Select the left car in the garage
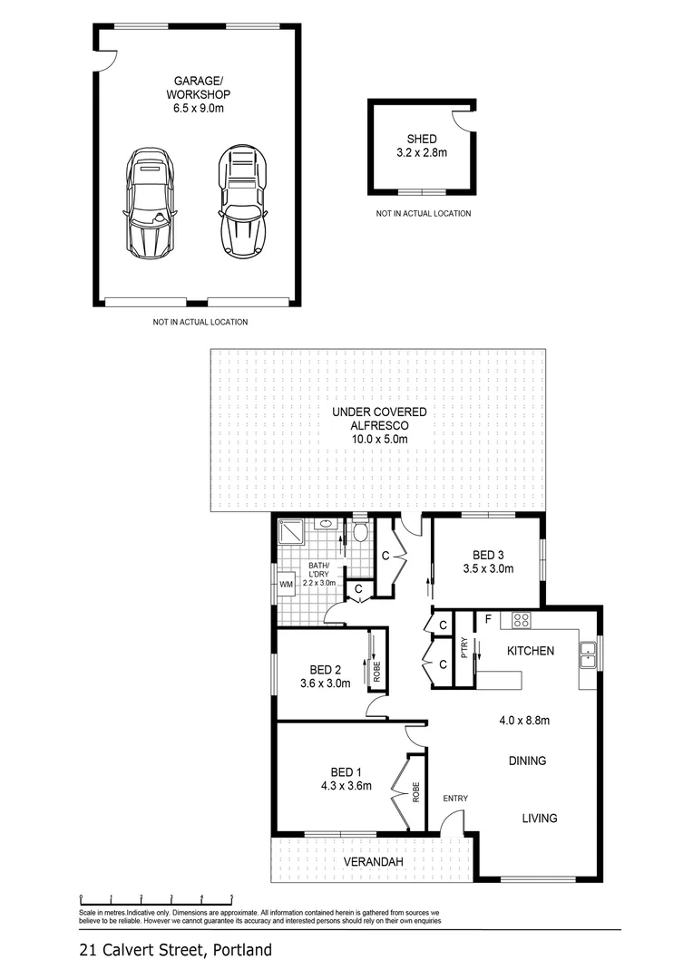coord(149,201)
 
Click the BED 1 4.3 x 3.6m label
coord(337,780)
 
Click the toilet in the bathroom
coord(360,531)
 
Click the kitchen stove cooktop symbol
coord(522,621)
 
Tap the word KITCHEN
coord(531,651)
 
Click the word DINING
coord(527,761)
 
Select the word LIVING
coord(539,818)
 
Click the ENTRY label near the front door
coord(454,798)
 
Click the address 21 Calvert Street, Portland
coord(175,950)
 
